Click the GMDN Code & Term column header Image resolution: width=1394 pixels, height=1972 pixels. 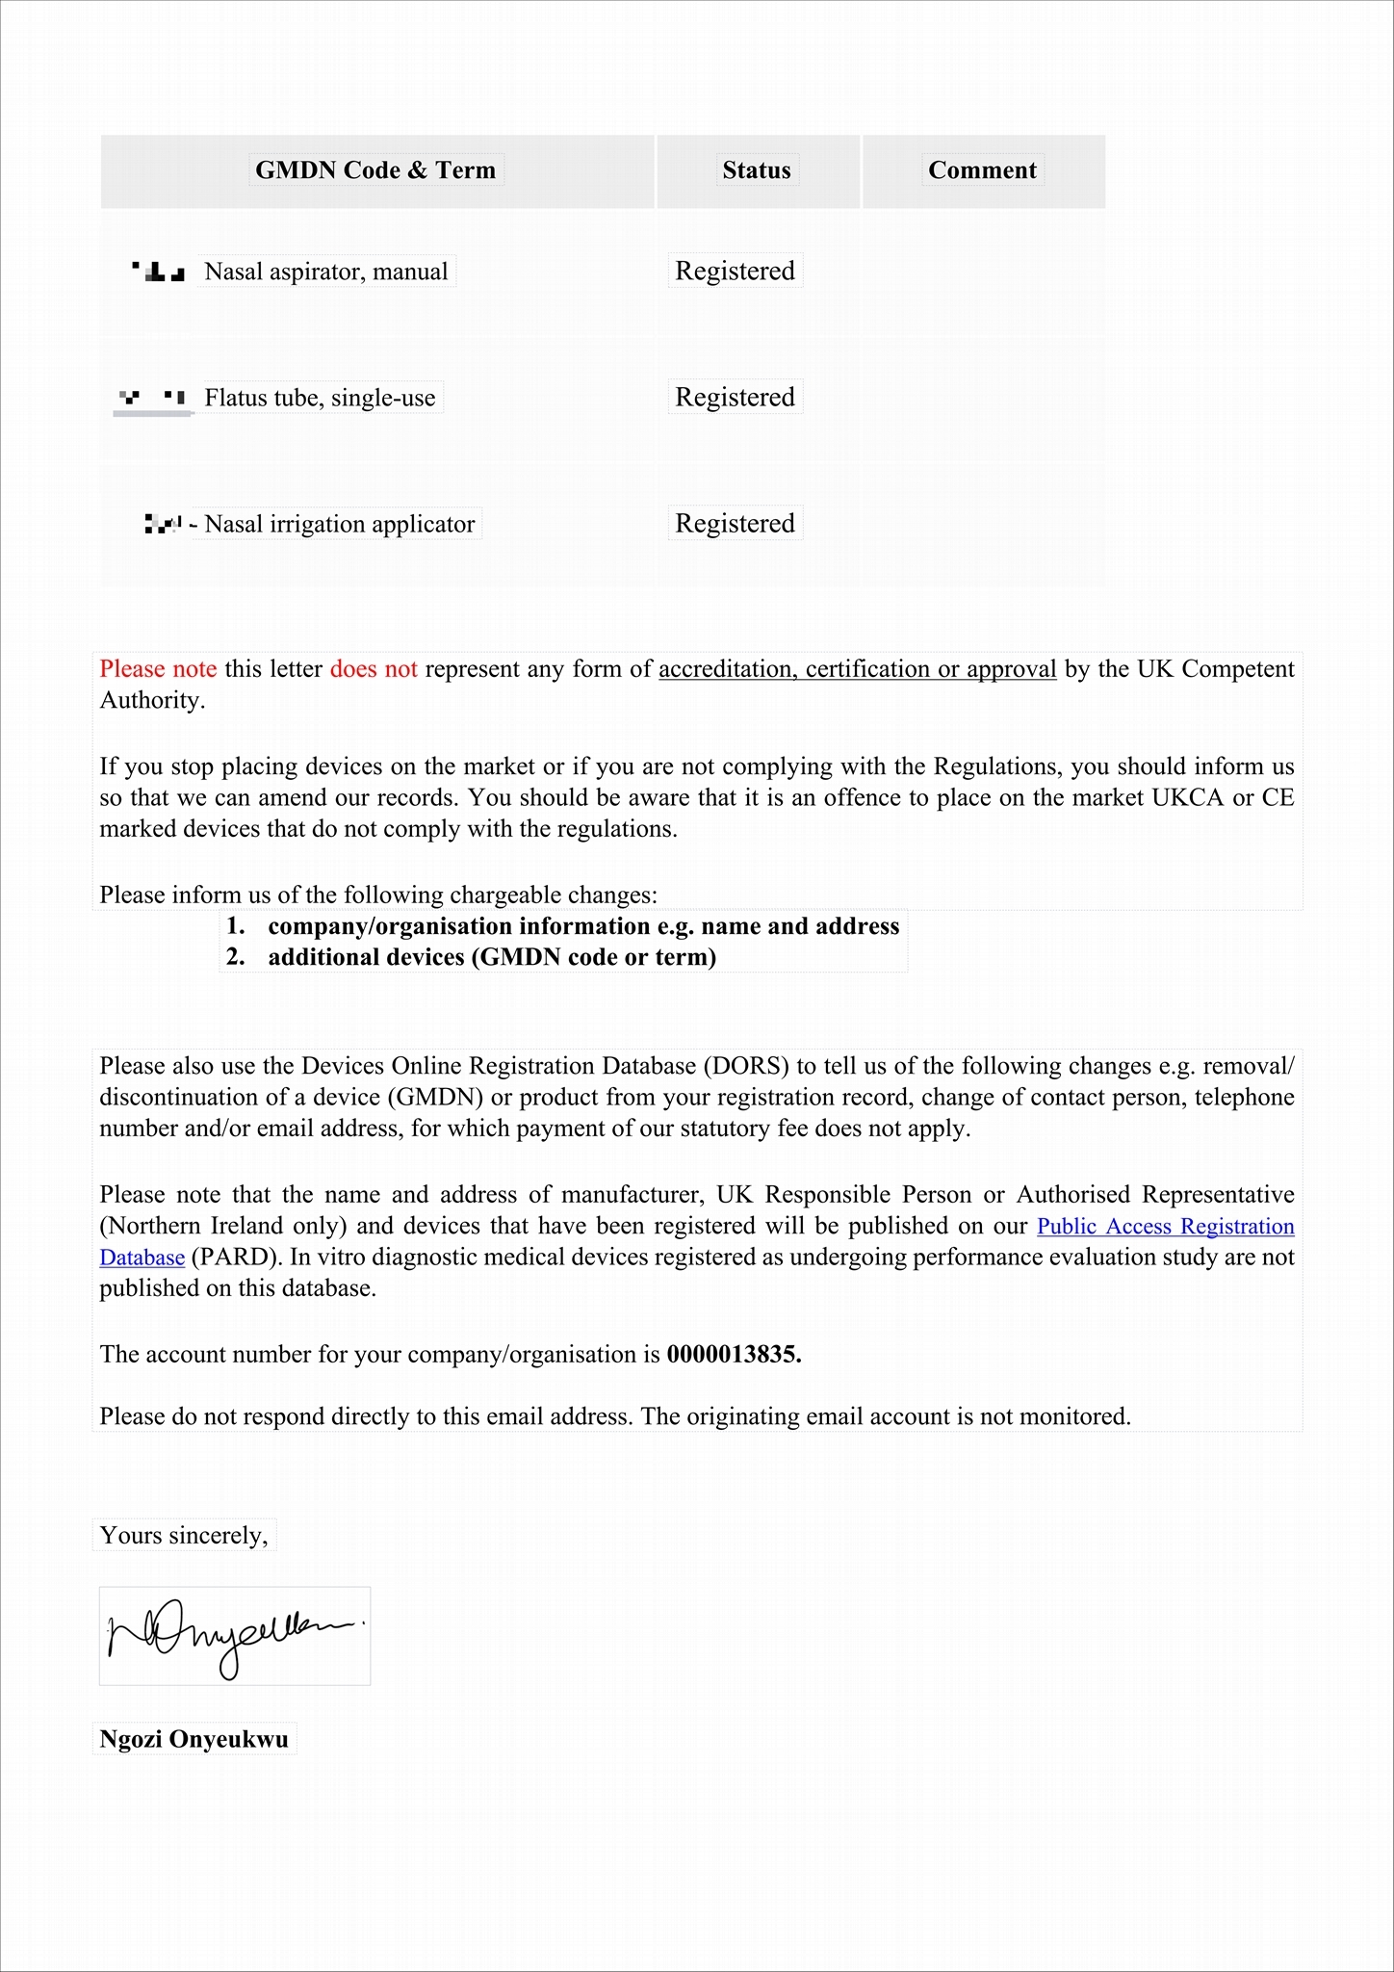coord(375,170)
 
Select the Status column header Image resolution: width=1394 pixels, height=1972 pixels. coord(757,170)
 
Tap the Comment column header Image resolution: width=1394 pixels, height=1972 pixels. coord(982,170)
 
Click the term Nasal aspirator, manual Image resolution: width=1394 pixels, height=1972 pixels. coord(326,272)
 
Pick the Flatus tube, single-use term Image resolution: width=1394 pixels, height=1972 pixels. coord(320,398)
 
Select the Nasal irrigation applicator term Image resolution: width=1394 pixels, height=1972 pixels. coord(339,524)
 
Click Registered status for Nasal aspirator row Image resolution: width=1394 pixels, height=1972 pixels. coord(735,271)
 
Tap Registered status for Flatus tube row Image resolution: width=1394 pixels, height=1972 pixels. coord(735,397)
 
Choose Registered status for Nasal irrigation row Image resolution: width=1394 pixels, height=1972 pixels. coord(735,523)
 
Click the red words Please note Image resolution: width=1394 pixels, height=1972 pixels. coord(158,668)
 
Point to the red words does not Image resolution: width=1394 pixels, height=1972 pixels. coord(374,668)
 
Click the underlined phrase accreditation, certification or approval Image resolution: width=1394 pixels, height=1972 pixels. coord(857,668)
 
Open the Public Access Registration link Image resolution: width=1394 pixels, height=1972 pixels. coord(1165,1226)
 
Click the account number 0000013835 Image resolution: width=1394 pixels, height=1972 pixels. coord(734,1354)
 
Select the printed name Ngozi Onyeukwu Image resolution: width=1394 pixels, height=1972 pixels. coord(194,1739)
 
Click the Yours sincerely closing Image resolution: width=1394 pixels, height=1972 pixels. coord(184,1535)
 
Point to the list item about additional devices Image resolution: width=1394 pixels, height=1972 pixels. coord(491,957)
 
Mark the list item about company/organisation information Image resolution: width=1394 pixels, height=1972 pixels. coord(582,926)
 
